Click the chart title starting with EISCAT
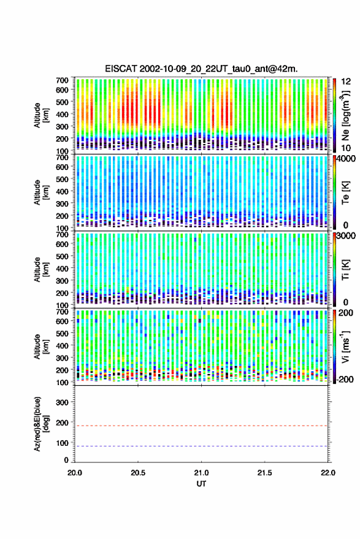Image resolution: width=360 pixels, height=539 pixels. coord(201,69)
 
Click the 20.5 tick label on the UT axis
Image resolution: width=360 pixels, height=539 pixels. coord(138,473)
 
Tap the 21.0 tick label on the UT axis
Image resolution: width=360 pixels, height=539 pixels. coord(201,473)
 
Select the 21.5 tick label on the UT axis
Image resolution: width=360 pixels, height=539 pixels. coord(264,473)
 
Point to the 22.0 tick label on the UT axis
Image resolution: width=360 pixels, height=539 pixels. coord(328,473)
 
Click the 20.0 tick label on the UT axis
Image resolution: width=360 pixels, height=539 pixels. coord(75,473)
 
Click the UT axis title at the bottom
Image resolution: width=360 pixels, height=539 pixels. coord(201,484)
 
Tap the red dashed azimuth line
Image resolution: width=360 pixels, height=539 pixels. coord(201,426)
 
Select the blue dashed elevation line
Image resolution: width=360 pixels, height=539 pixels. coord(201,446)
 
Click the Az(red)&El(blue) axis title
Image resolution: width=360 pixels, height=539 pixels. coord(41,424)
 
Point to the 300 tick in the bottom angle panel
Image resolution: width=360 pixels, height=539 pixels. coord(62,402)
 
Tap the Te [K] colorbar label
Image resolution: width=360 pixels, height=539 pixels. coord(345,193)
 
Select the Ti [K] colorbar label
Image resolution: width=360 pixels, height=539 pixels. coord(345,270)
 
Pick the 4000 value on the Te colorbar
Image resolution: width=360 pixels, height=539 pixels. coord(346,159)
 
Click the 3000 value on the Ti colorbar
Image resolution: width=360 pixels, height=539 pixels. coord(346,236)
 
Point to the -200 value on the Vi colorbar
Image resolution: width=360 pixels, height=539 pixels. coord(345,380)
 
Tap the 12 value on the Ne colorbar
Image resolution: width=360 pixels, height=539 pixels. coord(347,82)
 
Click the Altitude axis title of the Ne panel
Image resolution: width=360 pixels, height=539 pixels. coord(41,115)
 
